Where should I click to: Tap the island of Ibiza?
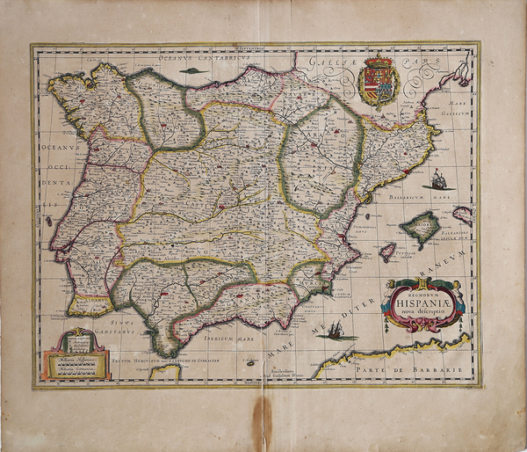387,252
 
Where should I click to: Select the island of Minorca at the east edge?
463,212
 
